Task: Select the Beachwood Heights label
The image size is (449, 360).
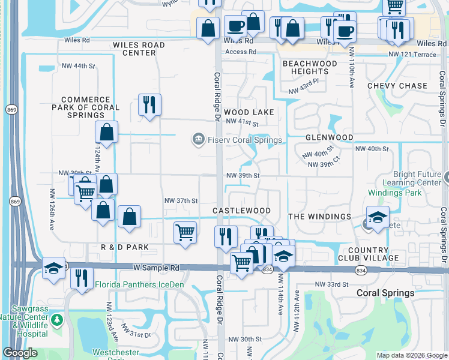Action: click(310, 67)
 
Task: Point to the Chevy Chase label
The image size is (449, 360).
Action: click(397, 86)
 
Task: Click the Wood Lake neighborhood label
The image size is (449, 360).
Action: click(249, 112)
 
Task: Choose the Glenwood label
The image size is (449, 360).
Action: click(329, 137)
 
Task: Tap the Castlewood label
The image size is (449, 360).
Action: click(241, 211)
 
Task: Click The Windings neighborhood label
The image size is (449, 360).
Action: click(320, 216)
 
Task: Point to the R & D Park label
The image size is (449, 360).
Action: click(124, 247)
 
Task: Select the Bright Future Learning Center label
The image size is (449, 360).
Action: click(412, 178)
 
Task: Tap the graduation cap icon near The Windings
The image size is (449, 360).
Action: click(378, 218)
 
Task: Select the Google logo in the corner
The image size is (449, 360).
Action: click(20, 353)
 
